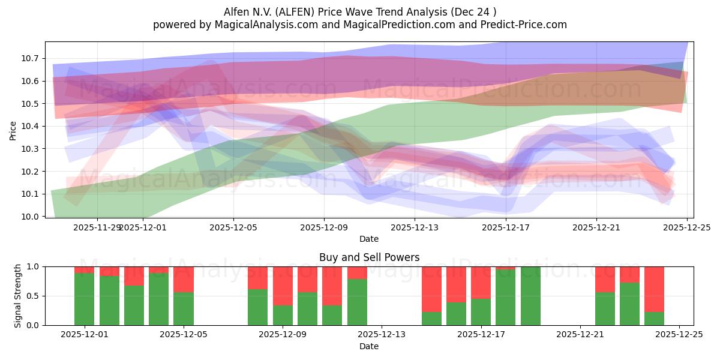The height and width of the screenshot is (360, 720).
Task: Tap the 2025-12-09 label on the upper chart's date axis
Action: pos(324,227)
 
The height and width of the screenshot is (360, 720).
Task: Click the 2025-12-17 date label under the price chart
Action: pos(505,227)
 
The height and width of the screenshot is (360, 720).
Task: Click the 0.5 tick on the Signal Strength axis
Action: pos(33,296)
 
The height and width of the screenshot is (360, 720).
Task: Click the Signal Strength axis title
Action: pos(18,296)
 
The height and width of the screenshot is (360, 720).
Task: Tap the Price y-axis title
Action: pos(13,130)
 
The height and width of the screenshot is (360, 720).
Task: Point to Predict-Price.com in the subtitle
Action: pos(521,25)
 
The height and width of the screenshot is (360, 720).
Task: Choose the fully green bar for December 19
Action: pos(530,296)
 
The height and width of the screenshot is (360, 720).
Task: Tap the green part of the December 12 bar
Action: pos(357,302)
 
